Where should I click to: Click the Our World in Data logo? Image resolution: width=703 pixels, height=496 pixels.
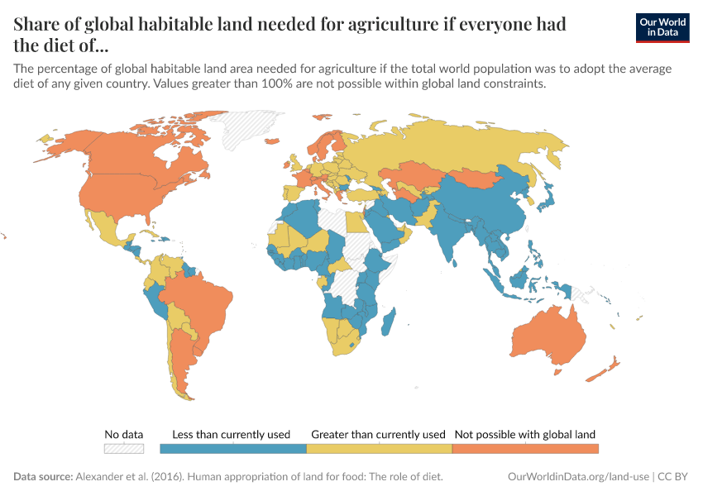(x=662, y=26)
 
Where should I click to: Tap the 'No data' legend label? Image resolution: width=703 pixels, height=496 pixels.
(x=123, y=434)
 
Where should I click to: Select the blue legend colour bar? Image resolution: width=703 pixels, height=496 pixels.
(x=233, y=448)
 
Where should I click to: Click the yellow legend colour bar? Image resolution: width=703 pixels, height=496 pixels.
(x=379, y=448)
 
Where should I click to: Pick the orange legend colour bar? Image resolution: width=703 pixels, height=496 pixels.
(x=525, y=448)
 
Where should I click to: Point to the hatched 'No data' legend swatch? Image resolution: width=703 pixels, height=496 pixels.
(x=123, y=448)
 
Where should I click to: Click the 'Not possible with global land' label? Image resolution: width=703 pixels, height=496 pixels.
(x=525, y=434)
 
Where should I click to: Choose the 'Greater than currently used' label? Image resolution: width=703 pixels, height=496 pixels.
(x=378, y=434)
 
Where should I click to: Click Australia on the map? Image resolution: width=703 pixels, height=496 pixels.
(x=548, y=335)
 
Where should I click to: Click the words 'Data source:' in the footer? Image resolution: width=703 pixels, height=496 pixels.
(x=43, y=477)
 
